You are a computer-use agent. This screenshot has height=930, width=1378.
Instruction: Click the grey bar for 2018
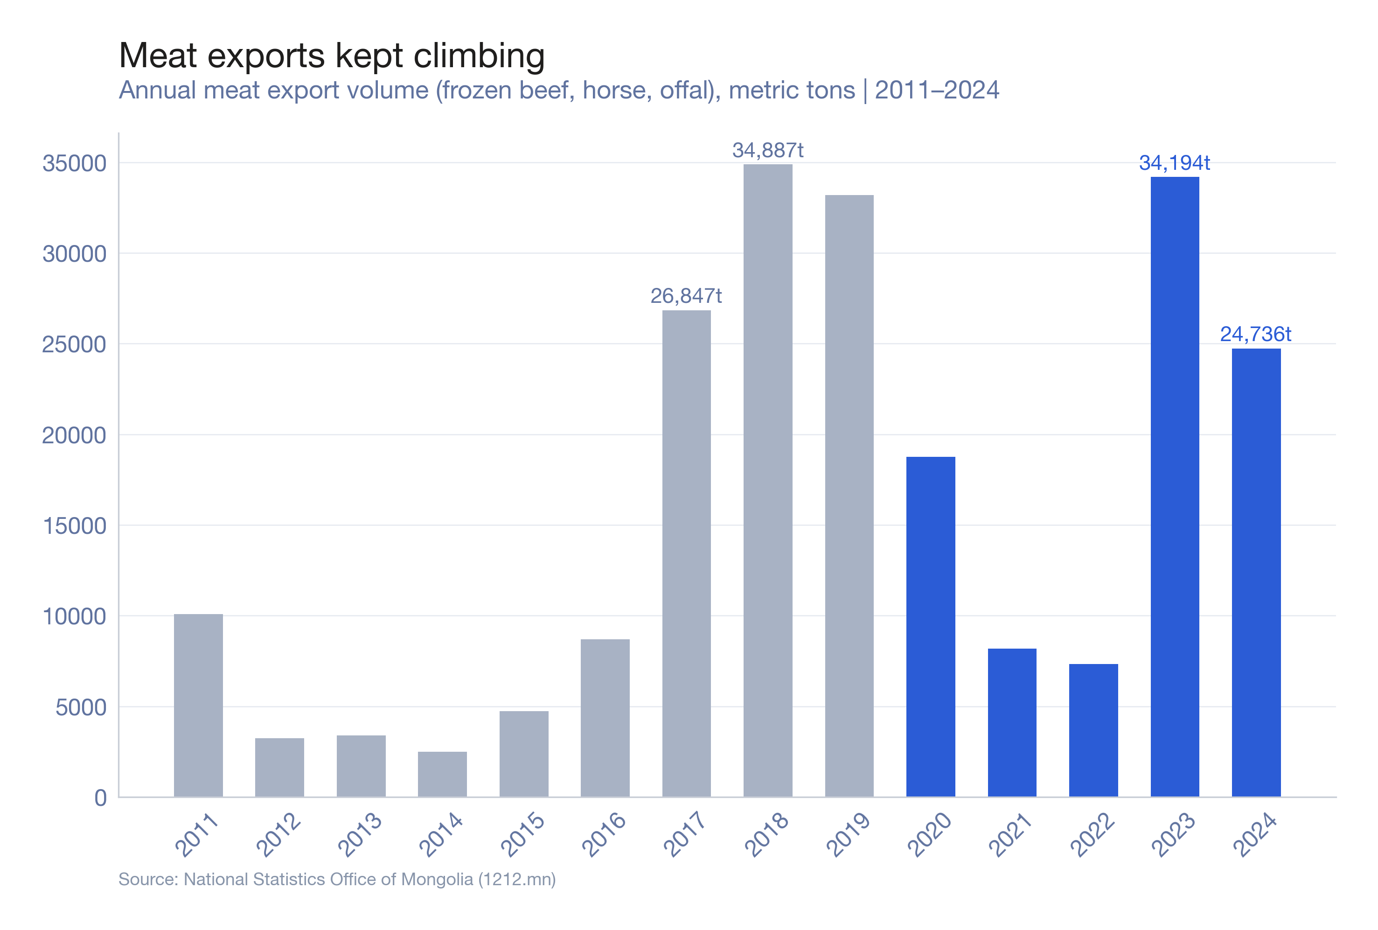click(x=767, y=481)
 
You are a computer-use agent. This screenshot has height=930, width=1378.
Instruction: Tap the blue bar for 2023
click(x=1174, y=486)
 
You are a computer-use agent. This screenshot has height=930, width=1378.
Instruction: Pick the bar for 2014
click(x=442, y=774)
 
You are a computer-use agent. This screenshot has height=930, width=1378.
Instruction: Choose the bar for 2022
click(x=1093, y=730)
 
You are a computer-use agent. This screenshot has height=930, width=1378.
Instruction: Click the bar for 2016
click(x=605, y=718)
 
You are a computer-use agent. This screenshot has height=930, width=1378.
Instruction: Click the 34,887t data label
click(x=767, y=151)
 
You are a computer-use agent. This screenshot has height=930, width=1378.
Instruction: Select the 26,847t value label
click(x=686, y=296)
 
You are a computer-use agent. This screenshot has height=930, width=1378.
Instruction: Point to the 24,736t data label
click(x=1255, y=335)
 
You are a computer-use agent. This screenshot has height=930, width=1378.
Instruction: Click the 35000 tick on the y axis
click(x=74, y=163)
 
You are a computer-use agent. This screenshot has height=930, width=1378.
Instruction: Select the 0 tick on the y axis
click(x=100, y=798)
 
